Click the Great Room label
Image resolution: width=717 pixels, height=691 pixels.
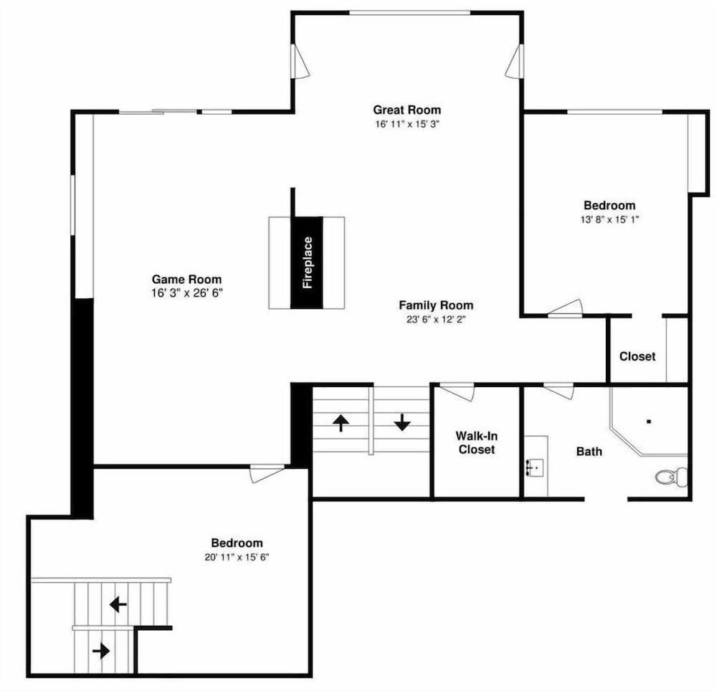click(x=407, y=110)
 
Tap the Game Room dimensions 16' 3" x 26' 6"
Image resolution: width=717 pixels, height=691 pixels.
click(x=187, y=293)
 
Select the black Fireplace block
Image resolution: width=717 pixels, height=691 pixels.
click(x=307, y=262)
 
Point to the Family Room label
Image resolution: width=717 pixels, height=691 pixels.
click(x=436, y=305)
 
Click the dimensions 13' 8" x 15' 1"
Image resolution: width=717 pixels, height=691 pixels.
click(x=609, y=219)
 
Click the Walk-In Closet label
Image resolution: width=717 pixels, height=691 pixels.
click(x=477, y=443)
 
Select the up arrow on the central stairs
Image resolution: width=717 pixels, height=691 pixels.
click(x=341, y=423)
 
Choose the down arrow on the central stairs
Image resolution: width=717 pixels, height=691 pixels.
click(x=402, y=422)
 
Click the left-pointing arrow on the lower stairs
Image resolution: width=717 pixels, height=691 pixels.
click(x=118, y=605)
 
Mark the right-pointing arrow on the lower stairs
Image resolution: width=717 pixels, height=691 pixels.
click(x=101, y=650)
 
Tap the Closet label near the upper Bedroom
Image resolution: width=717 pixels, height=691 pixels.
click(x=637, y=356)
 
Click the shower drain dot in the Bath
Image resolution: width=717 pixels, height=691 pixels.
click(x=648, y=421)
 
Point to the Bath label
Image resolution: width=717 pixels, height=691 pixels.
click(x=589, y=452)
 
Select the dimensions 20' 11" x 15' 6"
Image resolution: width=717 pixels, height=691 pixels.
click(x=237, y=557)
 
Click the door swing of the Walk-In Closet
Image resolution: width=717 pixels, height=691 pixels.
click(x=457, y=393)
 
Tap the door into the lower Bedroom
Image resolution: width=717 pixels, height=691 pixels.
click(x=267, y=474)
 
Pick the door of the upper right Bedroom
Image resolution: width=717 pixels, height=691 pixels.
click(x=565, y=308)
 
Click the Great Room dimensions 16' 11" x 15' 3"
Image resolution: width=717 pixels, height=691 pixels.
click(x=407, y=124)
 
